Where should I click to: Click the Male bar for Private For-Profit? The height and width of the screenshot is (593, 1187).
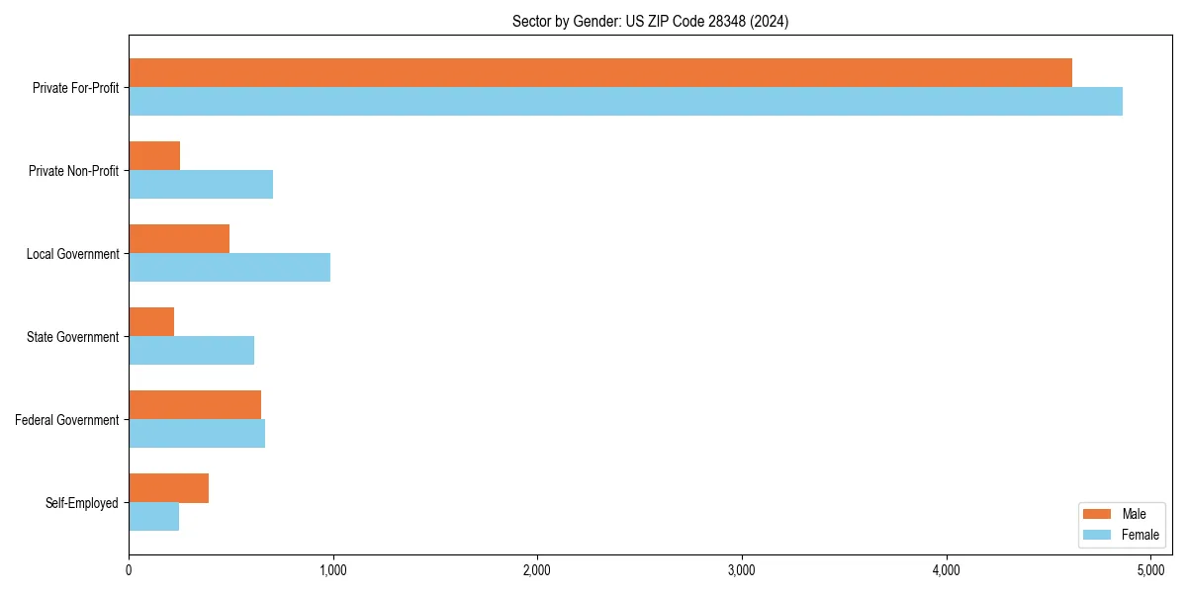(600, 73)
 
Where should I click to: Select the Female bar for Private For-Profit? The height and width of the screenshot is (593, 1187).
(625, 102)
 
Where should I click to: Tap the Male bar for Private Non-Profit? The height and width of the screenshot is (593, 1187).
(154, 156)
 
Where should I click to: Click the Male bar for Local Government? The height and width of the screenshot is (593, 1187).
(179, 239)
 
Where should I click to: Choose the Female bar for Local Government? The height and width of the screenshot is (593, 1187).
(229, 268)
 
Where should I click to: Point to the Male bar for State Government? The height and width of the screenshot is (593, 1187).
(151, 322)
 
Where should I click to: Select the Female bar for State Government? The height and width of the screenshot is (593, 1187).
(191, 351)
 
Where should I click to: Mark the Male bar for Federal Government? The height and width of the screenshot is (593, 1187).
(195, 405)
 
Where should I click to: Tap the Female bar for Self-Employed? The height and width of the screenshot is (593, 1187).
(153, 517)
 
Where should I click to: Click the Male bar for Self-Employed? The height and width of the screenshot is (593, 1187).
(168, 488)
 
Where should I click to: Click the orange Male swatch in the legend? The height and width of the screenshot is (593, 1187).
(1098, 514)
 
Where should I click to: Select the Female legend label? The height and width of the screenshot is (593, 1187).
(1140, 535)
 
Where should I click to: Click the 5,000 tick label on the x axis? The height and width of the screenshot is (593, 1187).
(1150, 570)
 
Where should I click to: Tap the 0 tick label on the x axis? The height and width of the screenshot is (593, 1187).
(129, 570)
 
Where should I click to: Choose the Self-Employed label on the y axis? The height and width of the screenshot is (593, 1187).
(82, 503)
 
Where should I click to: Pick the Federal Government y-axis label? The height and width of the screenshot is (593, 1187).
(67, 420)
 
